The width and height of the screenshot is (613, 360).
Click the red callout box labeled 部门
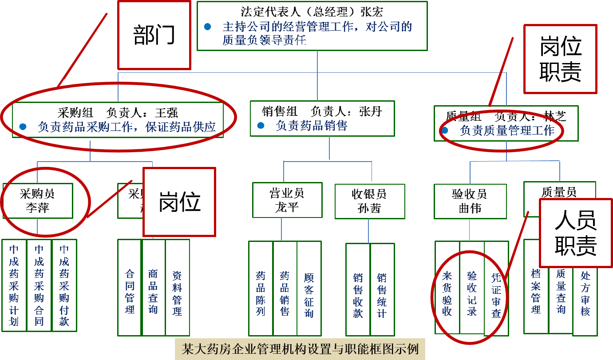(x=154, y=35)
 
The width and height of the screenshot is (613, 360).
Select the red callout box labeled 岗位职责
(x=560, y=59)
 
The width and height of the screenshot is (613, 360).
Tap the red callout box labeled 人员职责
(x=575, y=233)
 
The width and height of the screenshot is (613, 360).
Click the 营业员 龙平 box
(x=287, y=200)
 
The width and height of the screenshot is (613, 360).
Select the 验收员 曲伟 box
(x=470, y=201)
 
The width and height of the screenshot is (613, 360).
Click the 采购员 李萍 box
(x=38, y=201)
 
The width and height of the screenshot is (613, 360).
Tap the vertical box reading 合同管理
(x=130, y=288)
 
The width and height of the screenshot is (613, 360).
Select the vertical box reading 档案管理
(x=536, y=287)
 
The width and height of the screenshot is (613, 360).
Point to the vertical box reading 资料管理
(x=178, y=288)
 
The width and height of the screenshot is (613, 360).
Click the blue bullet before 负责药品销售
(x=261, y=126)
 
